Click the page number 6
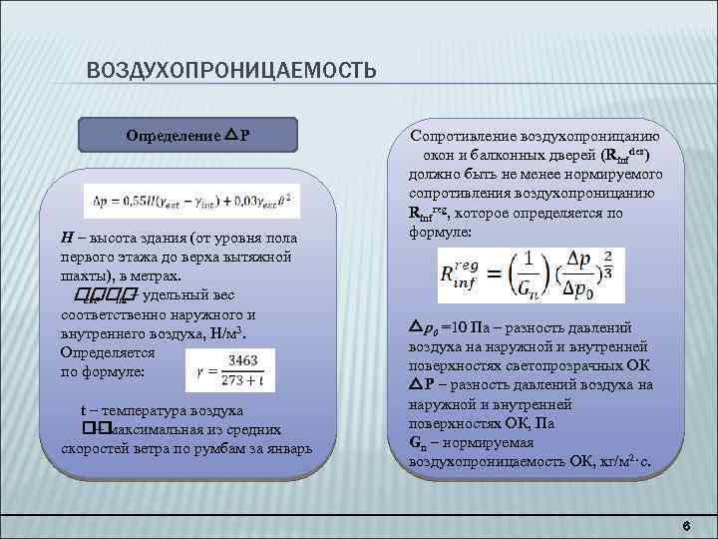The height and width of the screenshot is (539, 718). [x=685, y=526]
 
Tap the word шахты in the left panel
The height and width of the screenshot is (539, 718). [x=84, y=275]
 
